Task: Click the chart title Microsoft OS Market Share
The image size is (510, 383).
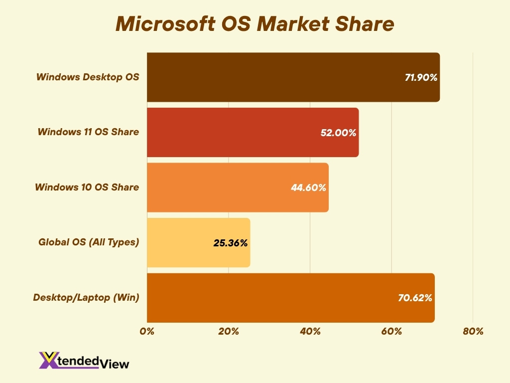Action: click(255, 24)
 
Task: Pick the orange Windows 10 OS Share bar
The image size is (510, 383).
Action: click(219, 188)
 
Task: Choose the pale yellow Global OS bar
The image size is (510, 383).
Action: click(179, 243)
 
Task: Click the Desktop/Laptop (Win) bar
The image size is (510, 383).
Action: click(269, 298)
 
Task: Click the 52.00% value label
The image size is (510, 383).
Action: click(339, 133)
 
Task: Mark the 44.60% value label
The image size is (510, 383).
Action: click(309, 188)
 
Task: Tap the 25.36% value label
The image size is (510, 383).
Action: click(231, 243)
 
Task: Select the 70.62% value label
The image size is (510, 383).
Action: click(415, 298)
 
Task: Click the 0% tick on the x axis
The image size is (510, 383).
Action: click(147, 332)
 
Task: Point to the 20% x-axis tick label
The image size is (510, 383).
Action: click(229, 332)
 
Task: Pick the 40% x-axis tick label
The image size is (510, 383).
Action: click(310, 332)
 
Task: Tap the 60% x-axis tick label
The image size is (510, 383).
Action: click(391, 332)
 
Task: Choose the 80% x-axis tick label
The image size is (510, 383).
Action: click(473, 332)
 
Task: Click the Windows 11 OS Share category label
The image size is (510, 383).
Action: click(88, 132)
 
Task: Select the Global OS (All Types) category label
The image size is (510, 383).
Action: click(89, 242)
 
